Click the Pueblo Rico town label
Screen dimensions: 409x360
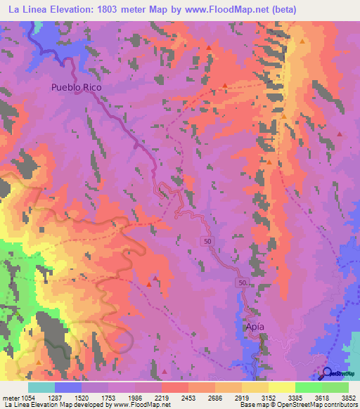(x=77, y=88)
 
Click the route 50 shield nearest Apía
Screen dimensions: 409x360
(x=242, y=282)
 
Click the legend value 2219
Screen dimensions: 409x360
(x=162, y=397)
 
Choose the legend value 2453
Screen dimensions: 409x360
(x=188, y=397)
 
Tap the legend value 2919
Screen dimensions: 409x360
(x=242, y=397)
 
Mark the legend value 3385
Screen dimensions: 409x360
(x=295, y=397)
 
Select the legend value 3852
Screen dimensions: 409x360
(x=349, y=397)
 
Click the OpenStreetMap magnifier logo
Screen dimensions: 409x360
(x=328, y=374)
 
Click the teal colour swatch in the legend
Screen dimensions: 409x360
(x=41, y=387)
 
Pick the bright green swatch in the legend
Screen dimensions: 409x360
(x=309, y=387)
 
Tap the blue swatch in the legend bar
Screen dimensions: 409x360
(x=68, y=387)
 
